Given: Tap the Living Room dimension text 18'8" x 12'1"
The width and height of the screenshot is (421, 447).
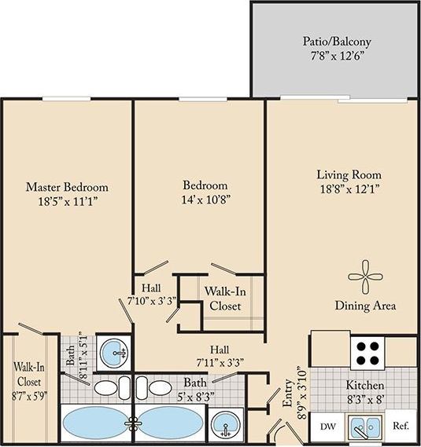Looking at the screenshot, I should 349,189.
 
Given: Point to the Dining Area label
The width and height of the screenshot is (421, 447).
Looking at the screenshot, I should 364,306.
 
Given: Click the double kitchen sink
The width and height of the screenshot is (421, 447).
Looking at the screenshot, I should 364,427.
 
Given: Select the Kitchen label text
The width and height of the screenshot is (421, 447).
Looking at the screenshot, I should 366,386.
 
